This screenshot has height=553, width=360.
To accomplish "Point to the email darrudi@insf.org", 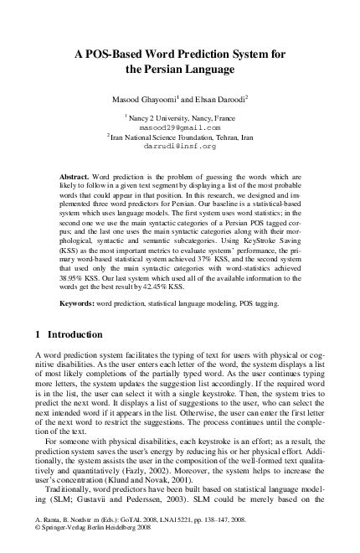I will (179, 146).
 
